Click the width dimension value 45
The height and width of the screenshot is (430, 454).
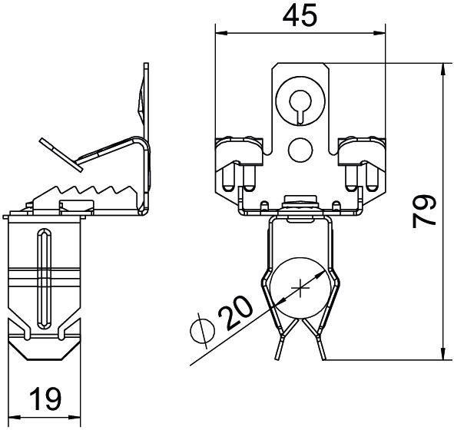coord(299,16)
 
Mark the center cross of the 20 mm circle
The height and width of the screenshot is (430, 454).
coord(300,289)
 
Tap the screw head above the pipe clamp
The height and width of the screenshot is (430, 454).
coord(300,201)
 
